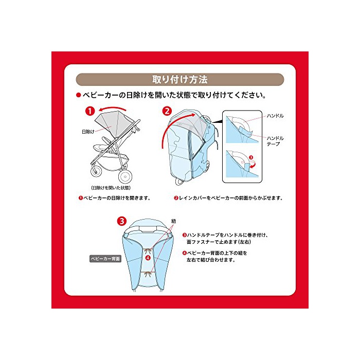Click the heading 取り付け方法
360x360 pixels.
[180, 80]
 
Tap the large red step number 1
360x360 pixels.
[90, 111]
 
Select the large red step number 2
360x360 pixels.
[167, 111]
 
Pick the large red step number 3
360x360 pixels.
[122, 221]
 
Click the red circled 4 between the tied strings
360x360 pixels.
[148, 258]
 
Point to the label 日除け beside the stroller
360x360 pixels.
[88, 132]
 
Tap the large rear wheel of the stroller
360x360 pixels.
[125, 176]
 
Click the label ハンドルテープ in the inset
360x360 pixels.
[275, 141]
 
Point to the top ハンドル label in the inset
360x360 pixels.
[275, 116]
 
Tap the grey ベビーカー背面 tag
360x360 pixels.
[105, 259]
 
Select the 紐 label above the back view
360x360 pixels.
[174, 221]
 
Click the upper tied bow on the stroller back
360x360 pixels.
[148, 251]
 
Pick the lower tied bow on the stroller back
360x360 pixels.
[148, 274]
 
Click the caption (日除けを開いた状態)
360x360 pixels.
[111, 188]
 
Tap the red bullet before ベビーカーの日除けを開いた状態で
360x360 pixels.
[79, 95]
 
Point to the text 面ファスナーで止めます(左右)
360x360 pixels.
[219, 242]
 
